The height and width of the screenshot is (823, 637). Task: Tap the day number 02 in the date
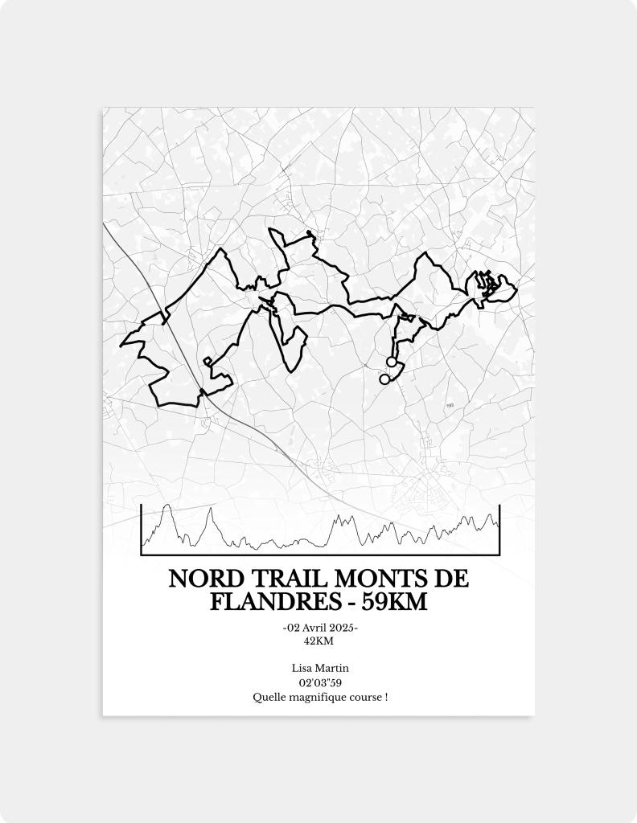click(x=293, y=628)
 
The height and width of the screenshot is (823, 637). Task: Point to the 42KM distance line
click(x=318, y=641)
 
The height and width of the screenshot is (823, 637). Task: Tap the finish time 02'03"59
click(x=318, y=682)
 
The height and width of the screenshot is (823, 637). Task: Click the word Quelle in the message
click(x=268, y=697)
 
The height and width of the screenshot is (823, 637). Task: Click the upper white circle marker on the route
click(x=392, y=362)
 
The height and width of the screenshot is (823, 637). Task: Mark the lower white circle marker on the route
click(x=384, y=379)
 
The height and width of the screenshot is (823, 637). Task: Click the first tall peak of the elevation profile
click(x=166, y=506)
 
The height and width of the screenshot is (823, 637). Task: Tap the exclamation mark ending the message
click(x=386, y=697)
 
